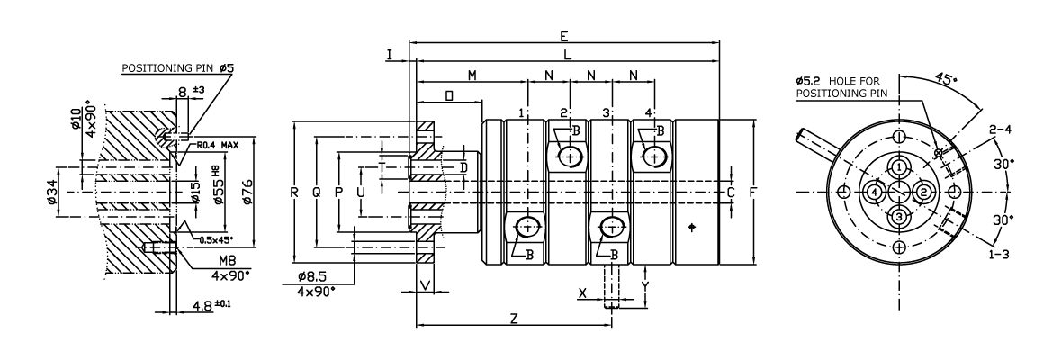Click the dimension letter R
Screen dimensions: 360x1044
coord(294,192)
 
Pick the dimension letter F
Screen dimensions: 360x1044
coord(753,192)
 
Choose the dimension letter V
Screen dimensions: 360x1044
coord(426,285)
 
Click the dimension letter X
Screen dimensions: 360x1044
coord(583,292)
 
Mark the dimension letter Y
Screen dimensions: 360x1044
coord(645,285)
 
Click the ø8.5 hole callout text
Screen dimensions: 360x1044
coord(313,279)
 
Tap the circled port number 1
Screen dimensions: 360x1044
coord(899,168)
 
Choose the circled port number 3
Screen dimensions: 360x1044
coord(899,216)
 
